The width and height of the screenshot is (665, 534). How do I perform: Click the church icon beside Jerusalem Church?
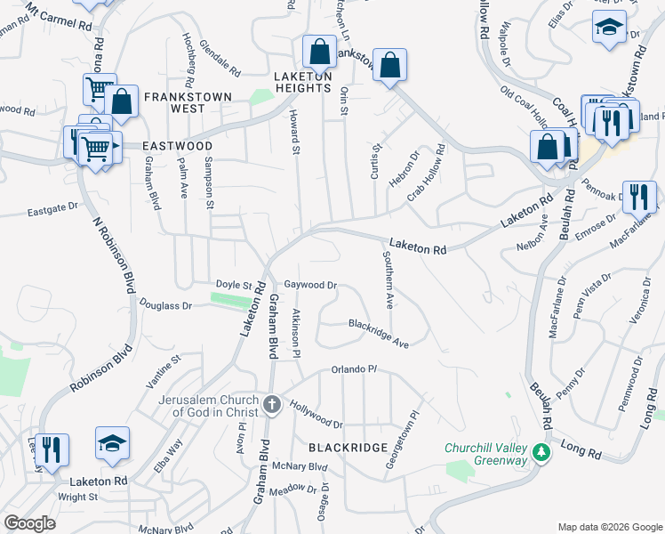[x=272, y=406]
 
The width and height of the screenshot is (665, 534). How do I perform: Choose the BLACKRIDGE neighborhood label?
[x=348, y=447]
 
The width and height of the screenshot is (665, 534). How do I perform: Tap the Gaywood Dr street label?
[x=310, y=286]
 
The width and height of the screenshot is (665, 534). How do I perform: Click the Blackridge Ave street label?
[x=379, y=333]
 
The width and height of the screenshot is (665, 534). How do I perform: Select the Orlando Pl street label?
[x=355, y=369]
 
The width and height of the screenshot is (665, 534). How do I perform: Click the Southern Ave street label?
[x=388, y=279]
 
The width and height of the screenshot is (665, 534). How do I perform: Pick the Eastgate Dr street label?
[x=52, y=211]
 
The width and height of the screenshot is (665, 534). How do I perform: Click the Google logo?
[x=30, y=523]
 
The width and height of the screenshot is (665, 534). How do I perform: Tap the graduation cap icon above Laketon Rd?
[x=113, y=443]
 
